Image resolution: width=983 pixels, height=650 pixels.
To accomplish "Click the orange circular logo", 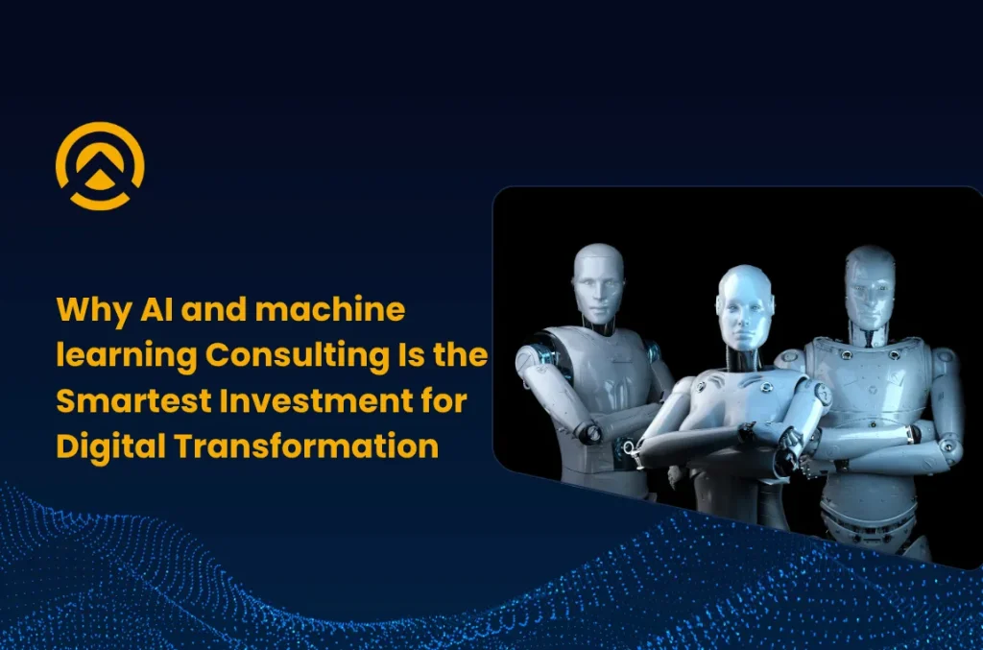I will tap(100, 165).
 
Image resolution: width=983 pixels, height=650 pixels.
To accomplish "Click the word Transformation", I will tap(303, 446).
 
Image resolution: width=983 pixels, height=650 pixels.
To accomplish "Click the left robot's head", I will tap(597, 278).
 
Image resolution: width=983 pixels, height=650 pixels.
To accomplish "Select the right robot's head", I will tap(870, 283).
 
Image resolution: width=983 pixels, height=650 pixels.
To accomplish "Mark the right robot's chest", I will tap(869, 374).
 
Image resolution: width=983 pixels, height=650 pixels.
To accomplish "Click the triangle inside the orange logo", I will tap(100, 177).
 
